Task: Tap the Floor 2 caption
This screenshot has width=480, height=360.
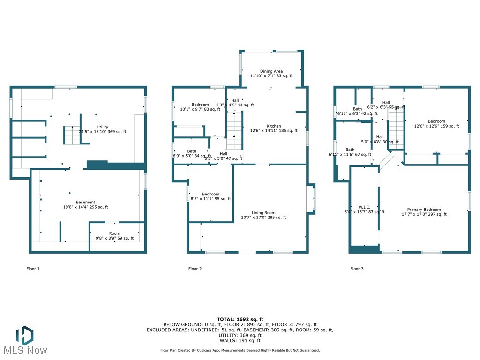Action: [x=195, y=269]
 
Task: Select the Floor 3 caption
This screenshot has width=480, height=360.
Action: [x=357, y=269]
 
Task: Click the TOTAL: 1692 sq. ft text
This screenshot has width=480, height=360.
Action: [x=240, y=319]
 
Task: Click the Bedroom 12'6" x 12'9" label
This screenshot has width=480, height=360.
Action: [x=436, y=123]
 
